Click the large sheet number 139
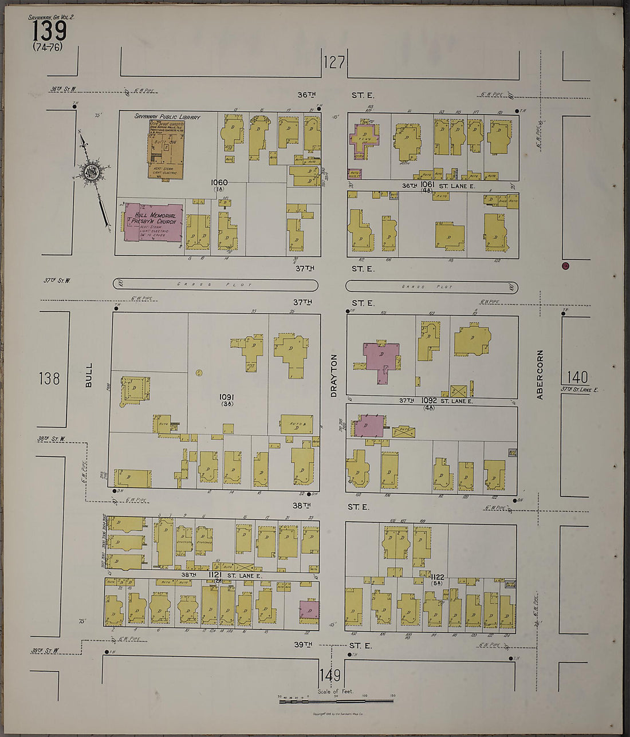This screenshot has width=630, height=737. (x=49, y=30)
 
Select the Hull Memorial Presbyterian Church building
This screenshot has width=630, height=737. (x=153, y=222)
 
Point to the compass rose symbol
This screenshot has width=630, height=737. (x=92, y=172)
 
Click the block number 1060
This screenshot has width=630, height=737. (x=219, y=182)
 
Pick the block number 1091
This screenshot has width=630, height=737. (x=227, y=397)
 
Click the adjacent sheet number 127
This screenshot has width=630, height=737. (x=334, y=62)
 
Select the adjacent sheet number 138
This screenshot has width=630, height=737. (x=49, y=378)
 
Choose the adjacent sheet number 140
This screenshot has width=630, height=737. (x=577, y=377)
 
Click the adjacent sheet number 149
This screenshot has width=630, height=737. (x=330, y=675)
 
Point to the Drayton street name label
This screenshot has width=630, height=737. (x=333, y=375)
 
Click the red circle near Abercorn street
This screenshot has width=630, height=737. (x=565, y=265)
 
